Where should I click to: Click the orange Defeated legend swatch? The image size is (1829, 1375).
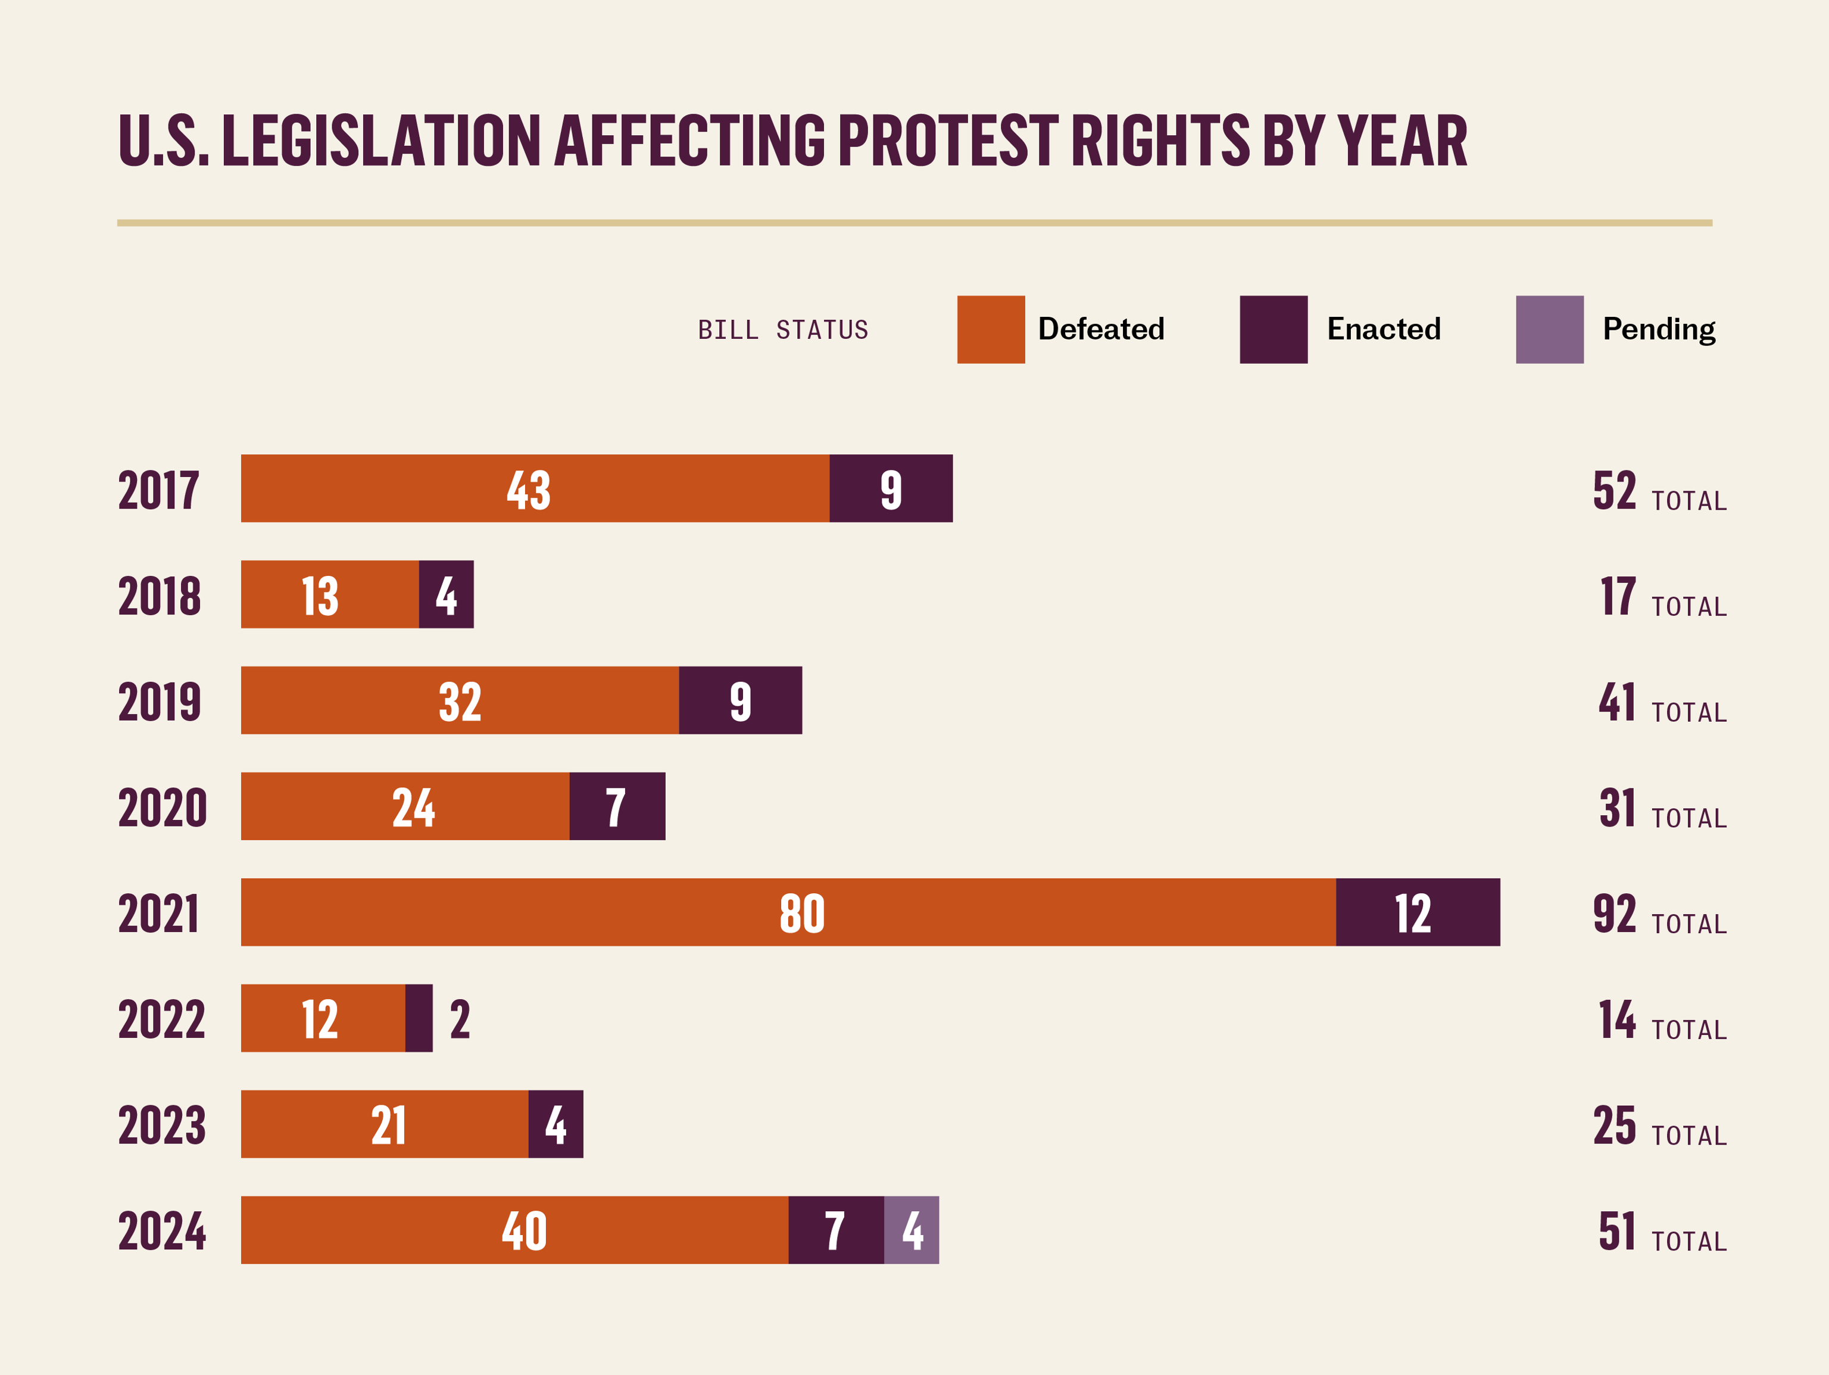[x=991, y=329]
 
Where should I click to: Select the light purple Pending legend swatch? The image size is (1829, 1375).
[x=1550, y=329]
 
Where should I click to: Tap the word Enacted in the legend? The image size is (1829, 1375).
[x=1383, y=329]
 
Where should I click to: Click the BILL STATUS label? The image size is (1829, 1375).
[x=783, y=330]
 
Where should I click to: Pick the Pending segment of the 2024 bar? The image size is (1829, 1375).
[x=911, y=1230]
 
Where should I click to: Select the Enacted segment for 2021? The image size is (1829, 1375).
[x=1417, y=912]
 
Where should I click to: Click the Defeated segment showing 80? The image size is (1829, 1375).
[x=788, y=912]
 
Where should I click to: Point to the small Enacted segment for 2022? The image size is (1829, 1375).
[x=419, y=1018]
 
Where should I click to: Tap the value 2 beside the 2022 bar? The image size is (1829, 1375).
[x=460, y=1019]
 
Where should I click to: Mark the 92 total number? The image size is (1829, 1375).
[x=1614, y=913]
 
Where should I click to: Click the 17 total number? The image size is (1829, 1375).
[x=1617, y=595]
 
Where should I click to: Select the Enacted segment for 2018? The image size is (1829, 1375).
[x=447, y=594]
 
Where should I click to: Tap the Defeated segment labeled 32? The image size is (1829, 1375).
[x=460, y=700]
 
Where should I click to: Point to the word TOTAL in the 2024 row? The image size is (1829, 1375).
[x=1689, y=1241]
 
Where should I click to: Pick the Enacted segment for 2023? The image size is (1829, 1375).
[x=555, y=1124]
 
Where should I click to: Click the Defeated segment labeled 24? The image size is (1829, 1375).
[x=405, y=806]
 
